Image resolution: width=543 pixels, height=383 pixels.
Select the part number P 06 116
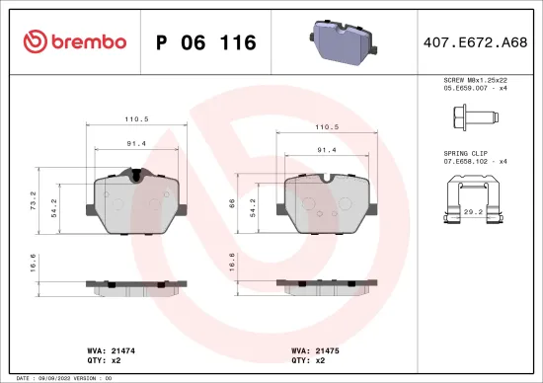(206, 42)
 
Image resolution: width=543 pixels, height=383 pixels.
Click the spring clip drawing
(476, 195)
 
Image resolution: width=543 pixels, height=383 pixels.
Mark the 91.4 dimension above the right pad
(327, 149)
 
